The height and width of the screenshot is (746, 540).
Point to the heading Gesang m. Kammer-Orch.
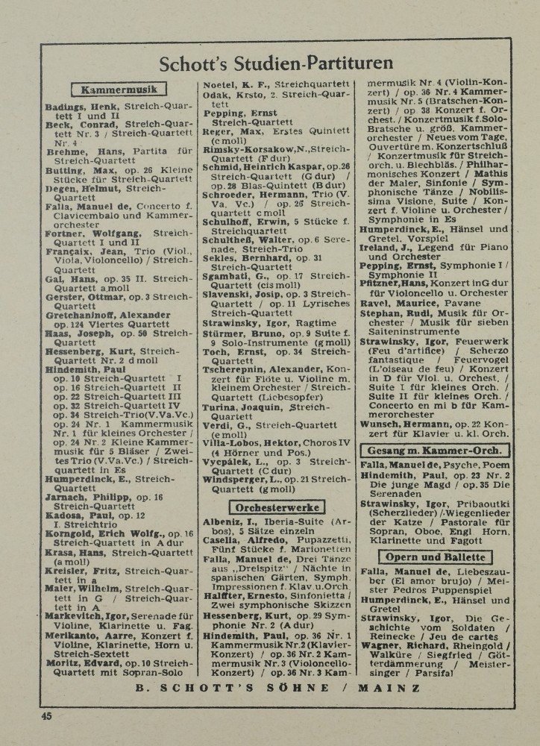[436, 451]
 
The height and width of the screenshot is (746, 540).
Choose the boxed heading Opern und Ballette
[436, 557]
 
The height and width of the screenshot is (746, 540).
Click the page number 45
[47, 717]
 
